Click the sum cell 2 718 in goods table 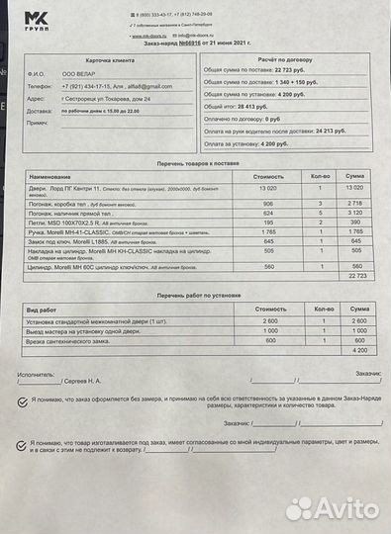359,201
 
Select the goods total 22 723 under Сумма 359,276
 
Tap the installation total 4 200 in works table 359,350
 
